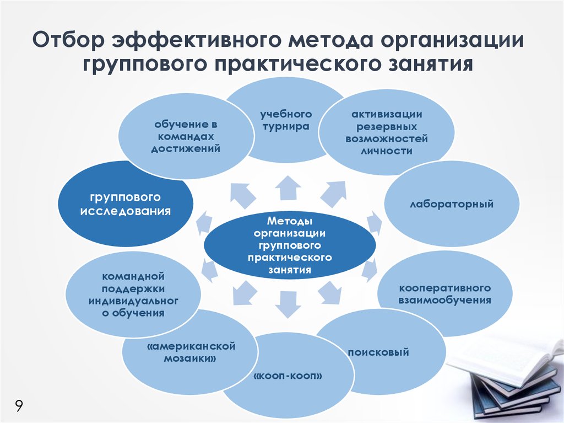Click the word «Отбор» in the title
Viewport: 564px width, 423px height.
[68, 40]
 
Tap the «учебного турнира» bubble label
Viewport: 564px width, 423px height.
[286, 120]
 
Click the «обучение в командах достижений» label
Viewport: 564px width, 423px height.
[186, 137]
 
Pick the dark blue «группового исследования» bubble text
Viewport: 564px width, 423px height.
[125, 204]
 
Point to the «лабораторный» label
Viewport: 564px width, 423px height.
[452, 204]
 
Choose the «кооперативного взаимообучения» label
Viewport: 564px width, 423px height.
[445, 294]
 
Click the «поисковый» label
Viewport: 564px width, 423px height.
[378, 352]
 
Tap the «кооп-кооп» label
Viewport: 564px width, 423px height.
[288, 376]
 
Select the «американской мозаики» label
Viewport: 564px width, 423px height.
[191, 352]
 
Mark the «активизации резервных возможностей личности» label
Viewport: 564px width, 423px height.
[387, 132]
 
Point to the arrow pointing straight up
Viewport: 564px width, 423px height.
[288, 188]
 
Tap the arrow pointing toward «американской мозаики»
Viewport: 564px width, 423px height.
[244, 292]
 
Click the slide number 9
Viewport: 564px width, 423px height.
[19, 406]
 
